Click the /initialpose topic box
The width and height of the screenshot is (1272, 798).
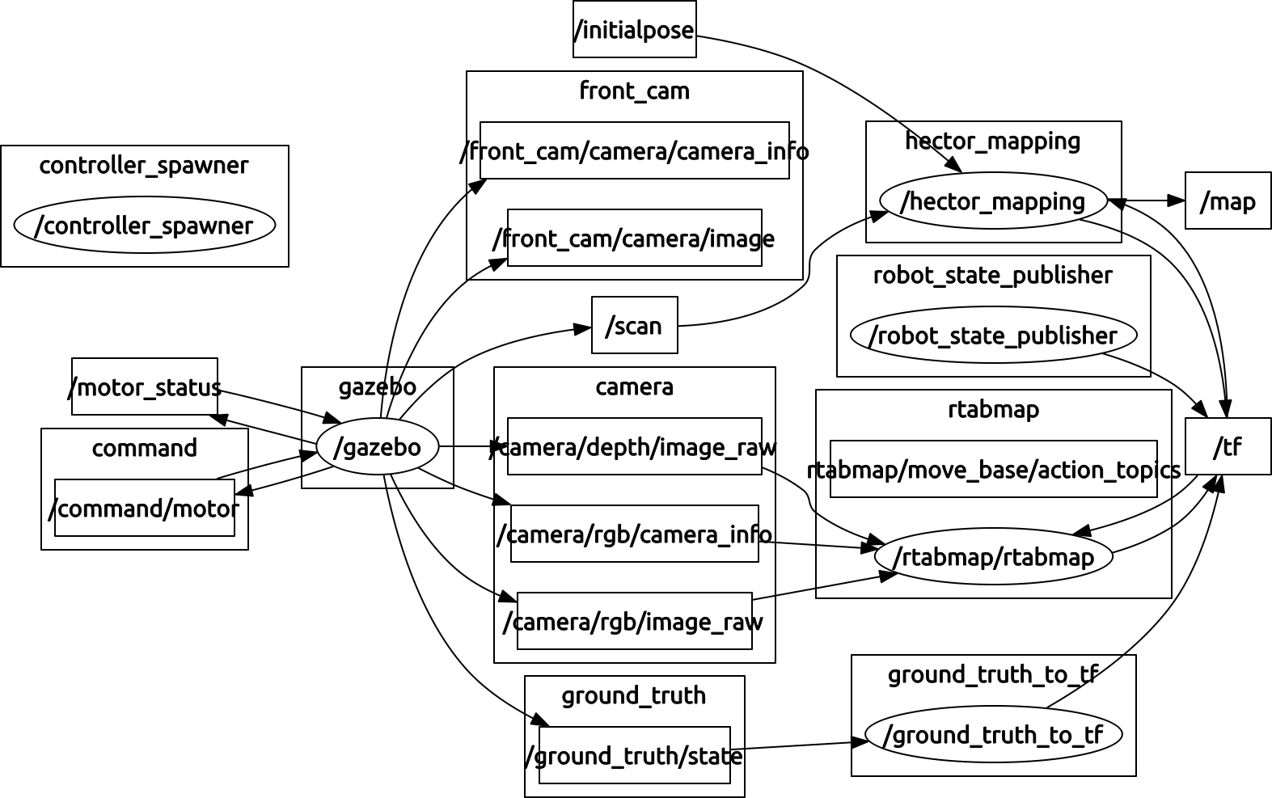[x=634, y=30]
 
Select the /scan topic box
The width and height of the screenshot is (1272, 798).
[x=634, y=325]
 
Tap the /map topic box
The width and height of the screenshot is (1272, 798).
[x=1228, y=201]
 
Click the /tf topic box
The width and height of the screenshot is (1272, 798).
[x=1228, y=446]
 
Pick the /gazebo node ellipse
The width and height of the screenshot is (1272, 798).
[x=377, y=446]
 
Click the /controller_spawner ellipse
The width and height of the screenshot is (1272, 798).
[x=145, y=225]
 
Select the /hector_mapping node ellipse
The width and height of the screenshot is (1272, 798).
[x=993, y=201]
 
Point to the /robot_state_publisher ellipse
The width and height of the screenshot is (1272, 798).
[x=993, y=335]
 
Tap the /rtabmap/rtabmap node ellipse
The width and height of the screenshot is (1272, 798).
[x=993, y=556]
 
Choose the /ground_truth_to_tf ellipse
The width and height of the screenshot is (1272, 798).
[x=993, y=734]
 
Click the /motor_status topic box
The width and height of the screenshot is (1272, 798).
[x=145, y=386]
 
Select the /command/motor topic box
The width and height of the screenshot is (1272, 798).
[x=145, y=508]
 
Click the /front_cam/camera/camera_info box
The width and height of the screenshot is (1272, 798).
[x=634, y=150]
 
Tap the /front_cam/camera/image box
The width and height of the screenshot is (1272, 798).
[x=634, y=238]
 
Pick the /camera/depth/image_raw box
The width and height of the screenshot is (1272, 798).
[x=634, y=446]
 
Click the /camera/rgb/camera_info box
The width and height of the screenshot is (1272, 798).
[x=634, y=534]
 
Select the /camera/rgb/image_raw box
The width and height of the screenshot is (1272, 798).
[x=634, y=621]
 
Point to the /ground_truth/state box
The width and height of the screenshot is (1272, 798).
[x=634, y=755]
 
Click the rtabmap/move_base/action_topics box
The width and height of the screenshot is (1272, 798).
[x=993, y=469]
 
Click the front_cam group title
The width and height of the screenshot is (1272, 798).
[x=634, y=91]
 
